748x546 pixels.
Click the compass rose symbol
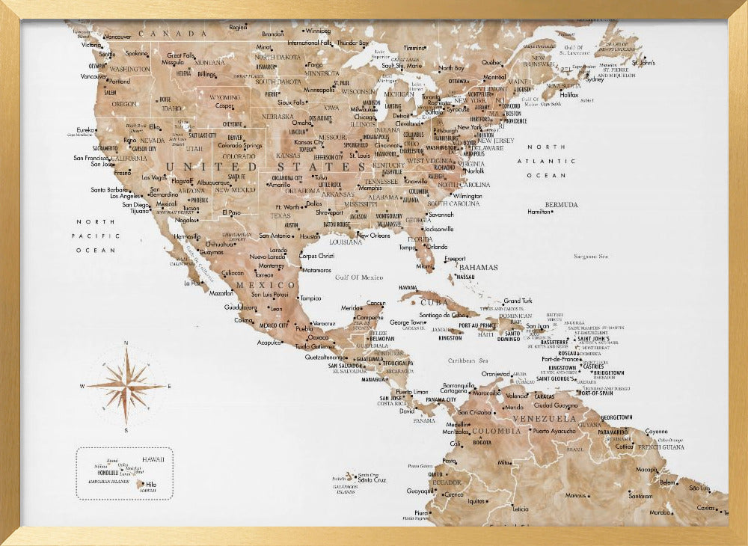(x=126, y=386)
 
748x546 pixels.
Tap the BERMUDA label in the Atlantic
(x=561, y=204)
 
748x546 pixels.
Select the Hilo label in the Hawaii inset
(x=151, y=485)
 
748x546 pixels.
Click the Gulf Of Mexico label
(x=359, y=277)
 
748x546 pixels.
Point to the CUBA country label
(x=435, y=302)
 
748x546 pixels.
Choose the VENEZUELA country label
(x=549, y=418)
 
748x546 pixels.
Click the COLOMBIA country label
(x=496, y=431)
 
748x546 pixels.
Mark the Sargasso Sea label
(x=590, y=257)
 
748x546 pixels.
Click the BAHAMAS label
(x=479, y=267)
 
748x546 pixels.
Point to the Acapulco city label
(x=269, y=343)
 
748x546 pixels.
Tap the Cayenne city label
(x=656, y=432)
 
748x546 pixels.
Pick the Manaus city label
(x=575, y=495)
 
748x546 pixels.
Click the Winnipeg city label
(x=318, y=31)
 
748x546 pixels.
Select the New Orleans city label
(x=374, y=235)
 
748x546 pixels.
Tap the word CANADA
(x=177, y=34)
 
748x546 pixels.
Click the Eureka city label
(x=85, y=129)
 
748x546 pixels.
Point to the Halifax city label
(x=570, y=95)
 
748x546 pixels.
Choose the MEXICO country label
(x=266, y=285)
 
